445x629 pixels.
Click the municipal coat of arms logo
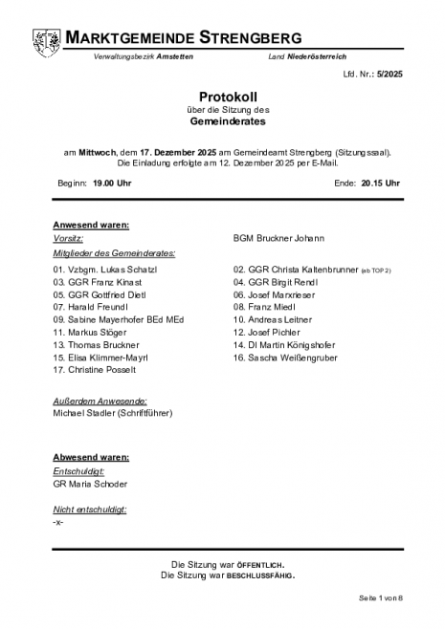coord(45,42)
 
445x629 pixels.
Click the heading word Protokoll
coord(222,97)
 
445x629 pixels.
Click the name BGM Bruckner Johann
coord(279,238)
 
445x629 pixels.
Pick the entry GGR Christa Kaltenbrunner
coord(295,271)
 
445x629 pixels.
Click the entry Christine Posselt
coord(95,369)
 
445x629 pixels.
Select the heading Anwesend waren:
coord(91,225)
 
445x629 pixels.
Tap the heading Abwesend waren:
coord(91,458)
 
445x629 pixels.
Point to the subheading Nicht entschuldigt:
coord(91,510)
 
